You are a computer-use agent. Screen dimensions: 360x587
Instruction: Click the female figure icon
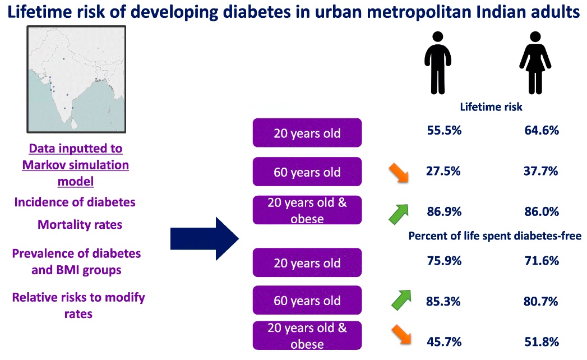click(535, 62)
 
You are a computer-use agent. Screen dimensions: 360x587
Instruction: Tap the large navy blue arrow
click(205, 239)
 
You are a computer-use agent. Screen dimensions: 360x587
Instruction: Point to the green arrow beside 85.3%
click(401, 300)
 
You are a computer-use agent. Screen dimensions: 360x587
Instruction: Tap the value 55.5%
click(441, 131)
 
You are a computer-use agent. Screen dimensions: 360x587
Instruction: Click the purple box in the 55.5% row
click(307, 133)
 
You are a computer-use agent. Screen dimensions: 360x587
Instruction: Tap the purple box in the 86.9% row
click(307, 210)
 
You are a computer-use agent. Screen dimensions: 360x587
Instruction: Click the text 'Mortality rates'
click(80, 224)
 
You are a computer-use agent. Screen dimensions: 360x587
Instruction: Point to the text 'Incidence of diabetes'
click(75, 202)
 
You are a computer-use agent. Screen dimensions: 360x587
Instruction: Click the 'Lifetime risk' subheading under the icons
click(491, 107)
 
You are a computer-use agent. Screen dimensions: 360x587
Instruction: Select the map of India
click(76, 79)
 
